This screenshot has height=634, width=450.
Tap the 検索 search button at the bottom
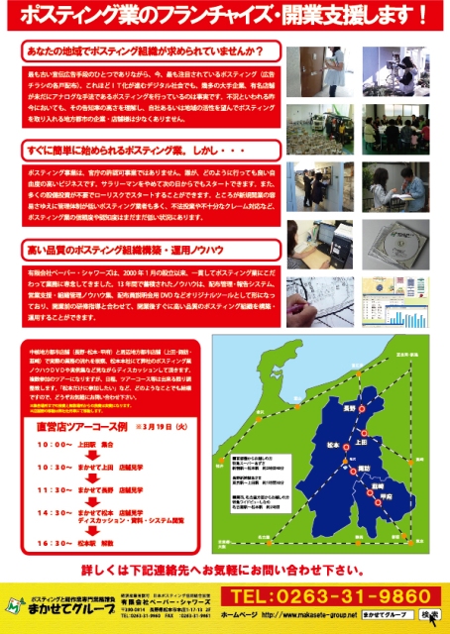(430, 615)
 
